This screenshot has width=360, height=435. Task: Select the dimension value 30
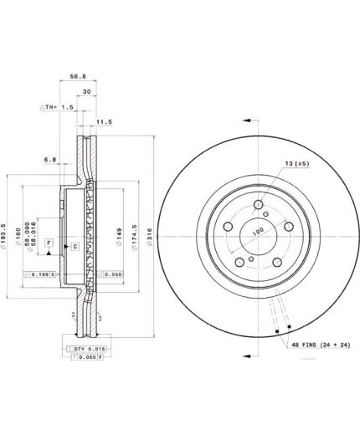pyautogui.click(x=86, y=91)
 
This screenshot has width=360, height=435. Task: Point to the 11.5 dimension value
pyautogui.click(x=104, y=122)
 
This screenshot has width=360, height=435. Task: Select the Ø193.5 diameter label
pyautogui.click(x=6, y=237)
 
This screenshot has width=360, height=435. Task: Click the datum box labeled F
pyautogui.click(x=49, y=243)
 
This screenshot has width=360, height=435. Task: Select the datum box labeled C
pyautogui.click(x=75, y=247)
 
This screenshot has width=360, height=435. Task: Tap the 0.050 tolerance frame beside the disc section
pyautogui.click(x=111, y=274)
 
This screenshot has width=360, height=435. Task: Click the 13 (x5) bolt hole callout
pyautogui.click(x=296, y=164)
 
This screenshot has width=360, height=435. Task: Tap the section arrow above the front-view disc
pyautogui.click(x=250, y=120)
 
